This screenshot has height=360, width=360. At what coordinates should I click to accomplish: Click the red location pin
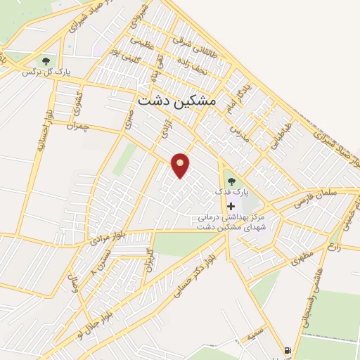click(181, 165)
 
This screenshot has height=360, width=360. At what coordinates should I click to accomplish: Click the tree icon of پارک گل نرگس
click(46, 61)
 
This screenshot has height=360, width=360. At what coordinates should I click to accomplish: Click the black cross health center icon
click(231, 206)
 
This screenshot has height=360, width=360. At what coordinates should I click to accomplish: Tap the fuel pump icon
click(288, 350)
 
